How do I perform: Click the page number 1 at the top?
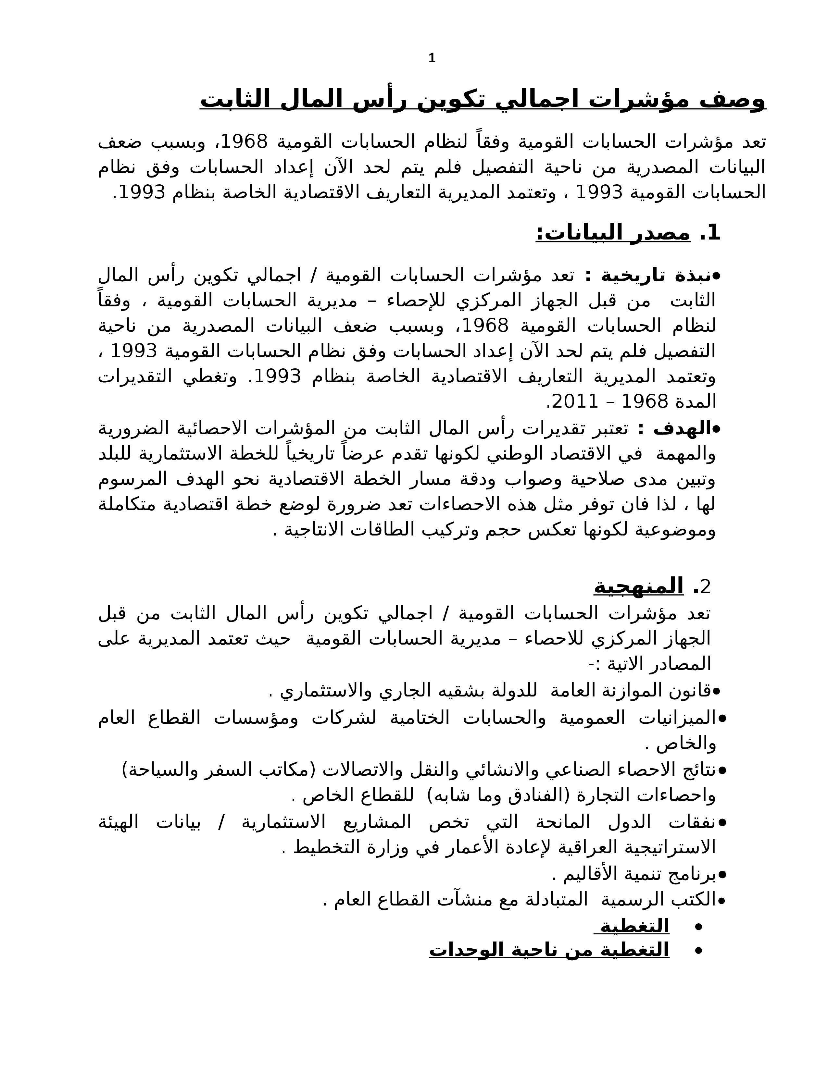click(x=432, y=59)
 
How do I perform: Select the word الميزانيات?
click(x=679, y=719)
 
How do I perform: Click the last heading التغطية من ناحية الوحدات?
click(x=549, y=950)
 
